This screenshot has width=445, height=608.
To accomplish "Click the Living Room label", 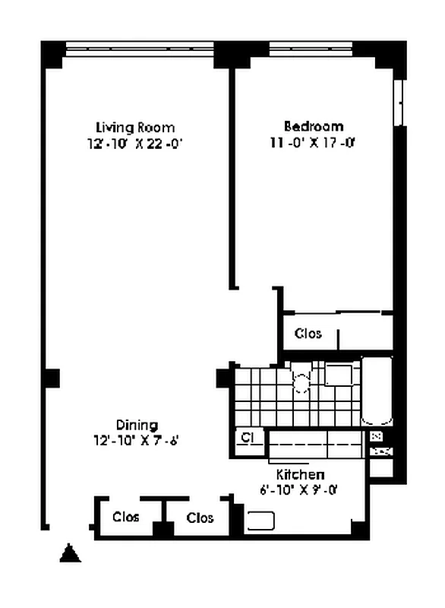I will (x=134, y=127).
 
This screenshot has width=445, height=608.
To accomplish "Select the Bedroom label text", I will (x=313, y=126).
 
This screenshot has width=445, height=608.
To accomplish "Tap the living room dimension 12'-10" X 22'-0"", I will (x=134, y=142).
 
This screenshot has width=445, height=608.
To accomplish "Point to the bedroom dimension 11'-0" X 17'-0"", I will (x=313, y=141).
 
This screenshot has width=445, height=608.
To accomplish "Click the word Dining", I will (x=137, y=425).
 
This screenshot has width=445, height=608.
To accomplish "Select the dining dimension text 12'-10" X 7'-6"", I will (x=137, y=439).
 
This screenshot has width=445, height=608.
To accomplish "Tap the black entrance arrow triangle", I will (x=70, y=553).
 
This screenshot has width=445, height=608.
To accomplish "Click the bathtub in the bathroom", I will (x=377, y=391).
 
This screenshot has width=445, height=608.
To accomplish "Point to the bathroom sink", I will (x=339, y=375).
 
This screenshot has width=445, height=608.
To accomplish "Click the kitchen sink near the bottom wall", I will (x=260, y=521).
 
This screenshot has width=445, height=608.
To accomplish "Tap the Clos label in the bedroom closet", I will (x=308, y=334).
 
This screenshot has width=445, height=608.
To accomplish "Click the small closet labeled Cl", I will (x=248, y=438).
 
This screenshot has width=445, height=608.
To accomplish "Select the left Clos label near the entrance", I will (x=126, y=518).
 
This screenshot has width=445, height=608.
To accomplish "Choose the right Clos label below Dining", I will (x=200, y=518).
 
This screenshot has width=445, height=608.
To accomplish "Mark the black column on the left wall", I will (x=50, y=378).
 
